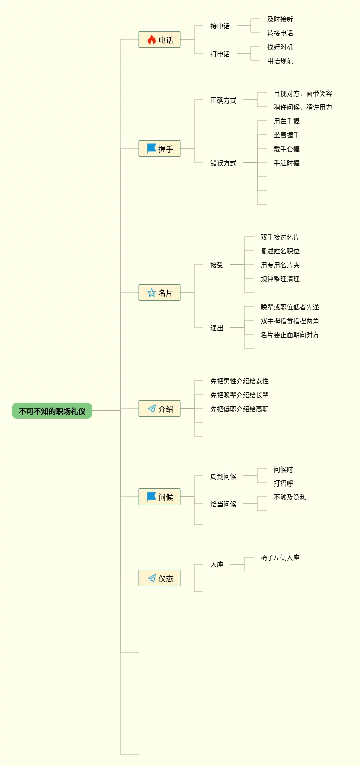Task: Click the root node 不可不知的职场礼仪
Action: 52,411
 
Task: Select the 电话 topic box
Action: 159,40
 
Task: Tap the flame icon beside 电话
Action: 151,40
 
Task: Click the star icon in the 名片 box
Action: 151,292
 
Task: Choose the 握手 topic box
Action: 159,149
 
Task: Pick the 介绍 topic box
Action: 159,409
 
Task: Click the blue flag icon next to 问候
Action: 151,497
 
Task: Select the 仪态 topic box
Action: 159,578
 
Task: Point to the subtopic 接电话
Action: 220,26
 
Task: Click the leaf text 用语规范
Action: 280,61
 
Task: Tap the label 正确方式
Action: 223,100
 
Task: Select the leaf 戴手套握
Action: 286,149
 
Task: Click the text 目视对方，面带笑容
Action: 302,93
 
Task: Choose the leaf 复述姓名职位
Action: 280,251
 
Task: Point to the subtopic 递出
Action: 217,328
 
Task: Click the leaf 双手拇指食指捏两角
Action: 289,321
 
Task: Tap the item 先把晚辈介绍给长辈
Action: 239,395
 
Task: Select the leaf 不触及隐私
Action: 289,497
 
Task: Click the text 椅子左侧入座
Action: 280,558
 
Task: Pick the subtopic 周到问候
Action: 223,476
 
